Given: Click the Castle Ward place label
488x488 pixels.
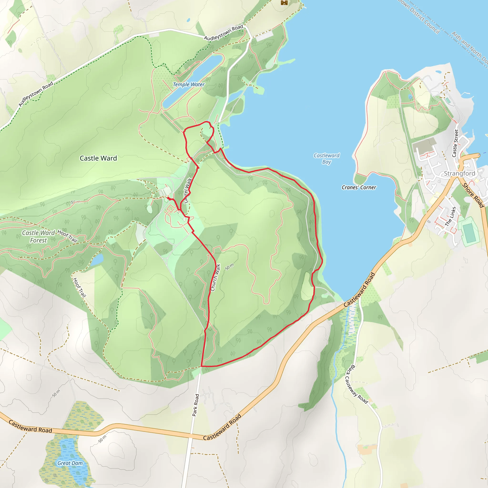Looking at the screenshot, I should [98, 158].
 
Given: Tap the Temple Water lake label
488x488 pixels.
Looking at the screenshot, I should [188, 84].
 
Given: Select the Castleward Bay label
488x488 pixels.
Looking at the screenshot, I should [326, 159].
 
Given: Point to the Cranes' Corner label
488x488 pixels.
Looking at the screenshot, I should [359, 188].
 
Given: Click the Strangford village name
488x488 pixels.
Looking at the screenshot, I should [459, 173].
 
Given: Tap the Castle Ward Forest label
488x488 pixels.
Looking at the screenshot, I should [38, 236].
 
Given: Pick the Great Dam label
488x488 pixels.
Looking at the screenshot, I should [70, 463].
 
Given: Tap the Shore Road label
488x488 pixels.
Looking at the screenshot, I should [473, 195].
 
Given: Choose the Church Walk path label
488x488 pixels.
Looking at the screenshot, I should [215, 278].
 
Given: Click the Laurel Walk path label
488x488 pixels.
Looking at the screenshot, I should [188, 191].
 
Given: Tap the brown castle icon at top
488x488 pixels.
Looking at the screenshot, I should [284, 2].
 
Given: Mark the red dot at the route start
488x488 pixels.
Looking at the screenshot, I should [168, 198].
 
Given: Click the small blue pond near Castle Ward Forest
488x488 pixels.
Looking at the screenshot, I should [97, 260].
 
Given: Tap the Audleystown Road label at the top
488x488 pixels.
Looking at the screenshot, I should [223, 32].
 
